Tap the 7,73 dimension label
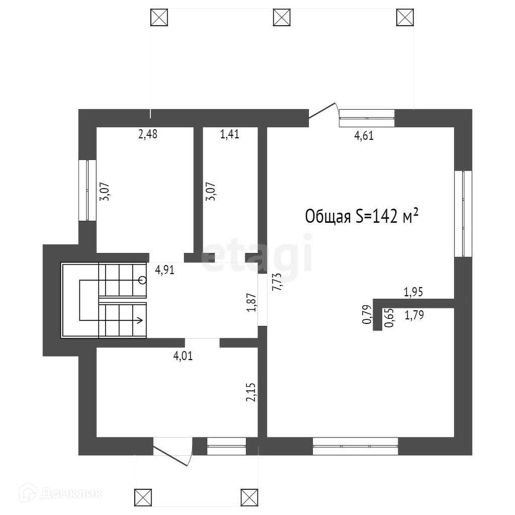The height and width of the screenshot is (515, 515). coord(276,285)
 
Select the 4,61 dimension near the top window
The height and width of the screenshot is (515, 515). coord(364,135)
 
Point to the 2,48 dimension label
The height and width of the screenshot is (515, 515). coord(148,134)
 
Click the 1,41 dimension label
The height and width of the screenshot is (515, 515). coord(229,134)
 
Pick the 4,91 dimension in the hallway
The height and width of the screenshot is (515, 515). coord(164,270)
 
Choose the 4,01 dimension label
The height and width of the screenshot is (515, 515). coord(183,357)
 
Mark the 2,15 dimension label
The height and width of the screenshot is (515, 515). coord(251,392)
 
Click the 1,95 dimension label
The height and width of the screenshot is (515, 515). coord(414,291)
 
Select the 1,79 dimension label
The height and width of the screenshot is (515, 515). coord(414,316)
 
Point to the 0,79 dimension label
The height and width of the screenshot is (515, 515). coord(367,314)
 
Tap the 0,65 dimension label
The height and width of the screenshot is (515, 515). coord(388,318)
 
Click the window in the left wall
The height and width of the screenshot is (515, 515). coord(88,190)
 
